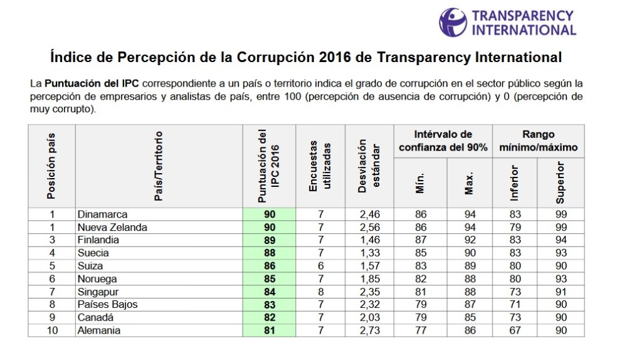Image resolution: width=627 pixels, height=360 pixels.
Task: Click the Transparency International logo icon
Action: click(x=453, y=22)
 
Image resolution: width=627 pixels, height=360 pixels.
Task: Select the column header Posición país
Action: click(x=51, y=166)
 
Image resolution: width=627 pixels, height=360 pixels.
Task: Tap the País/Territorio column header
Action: click(x=159, y=166)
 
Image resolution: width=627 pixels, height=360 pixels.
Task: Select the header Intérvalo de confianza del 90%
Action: click(x=443, y=141)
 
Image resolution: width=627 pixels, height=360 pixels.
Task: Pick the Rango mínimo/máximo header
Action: click(x=538, y=141)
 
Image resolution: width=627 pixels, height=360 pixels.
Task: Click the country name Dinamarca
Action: click(x=102, y=214)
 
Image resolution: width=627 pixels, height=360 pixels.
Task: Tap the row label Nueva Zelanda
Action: click(x=112, y=227)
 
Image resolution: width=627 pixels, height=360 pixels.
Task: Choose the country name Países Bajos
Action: click(x=107, y=305)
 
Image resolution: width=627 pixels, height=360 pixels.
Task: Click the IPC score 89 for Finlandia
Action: click(x=269, y=240)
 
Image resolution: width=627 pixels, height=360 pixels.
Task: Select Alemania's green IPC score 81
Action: click(x=269, y=331)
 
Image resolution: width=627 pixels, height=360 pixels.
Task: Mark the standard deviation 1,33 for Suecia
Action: click(x=369, y=253)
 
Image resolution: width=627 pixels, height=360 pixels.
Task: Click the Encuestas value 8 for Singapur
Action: click(x=320, y=292)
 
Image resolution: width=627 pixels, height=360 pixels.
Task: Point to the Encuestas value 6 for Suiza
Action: click(x=320, y=266)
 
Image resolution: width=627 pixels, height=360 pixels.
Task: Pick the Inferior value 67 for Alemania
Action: click(x=515, y=331)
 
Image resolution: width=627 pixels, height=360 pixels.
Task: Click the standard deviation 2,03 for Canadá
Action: click(x=369, y=318)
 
